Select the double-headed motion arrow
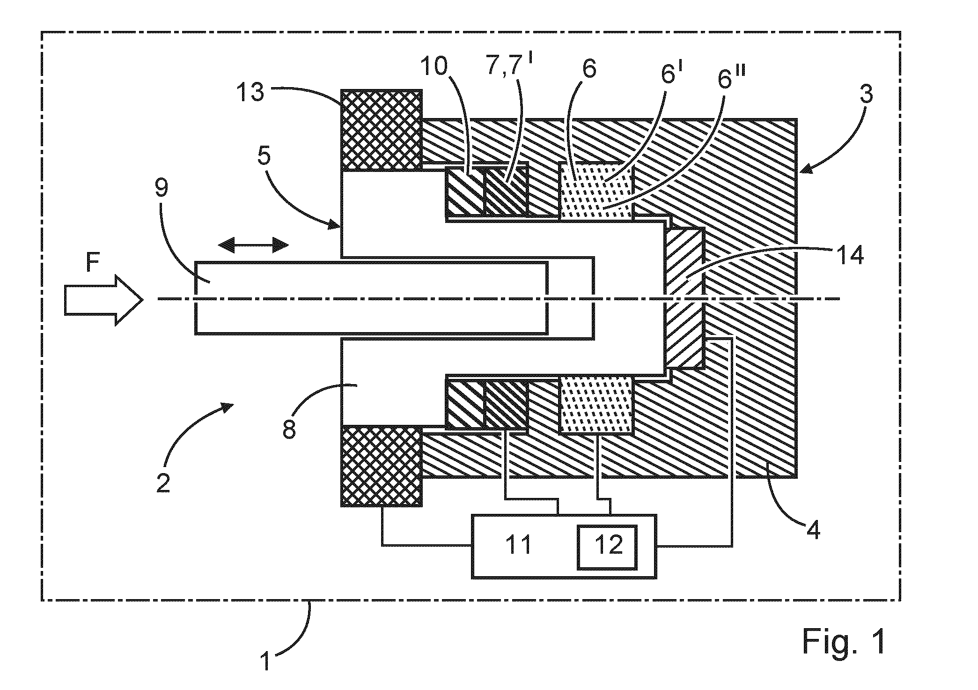click(253, 245)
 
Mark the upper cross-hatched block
click(382, 131)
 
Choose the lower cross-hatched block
click(382, 466)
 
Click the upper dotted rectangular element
click(597, 193)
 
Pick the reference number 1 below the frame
click(265, 662)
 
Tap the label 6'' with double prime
click(730, 79)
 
